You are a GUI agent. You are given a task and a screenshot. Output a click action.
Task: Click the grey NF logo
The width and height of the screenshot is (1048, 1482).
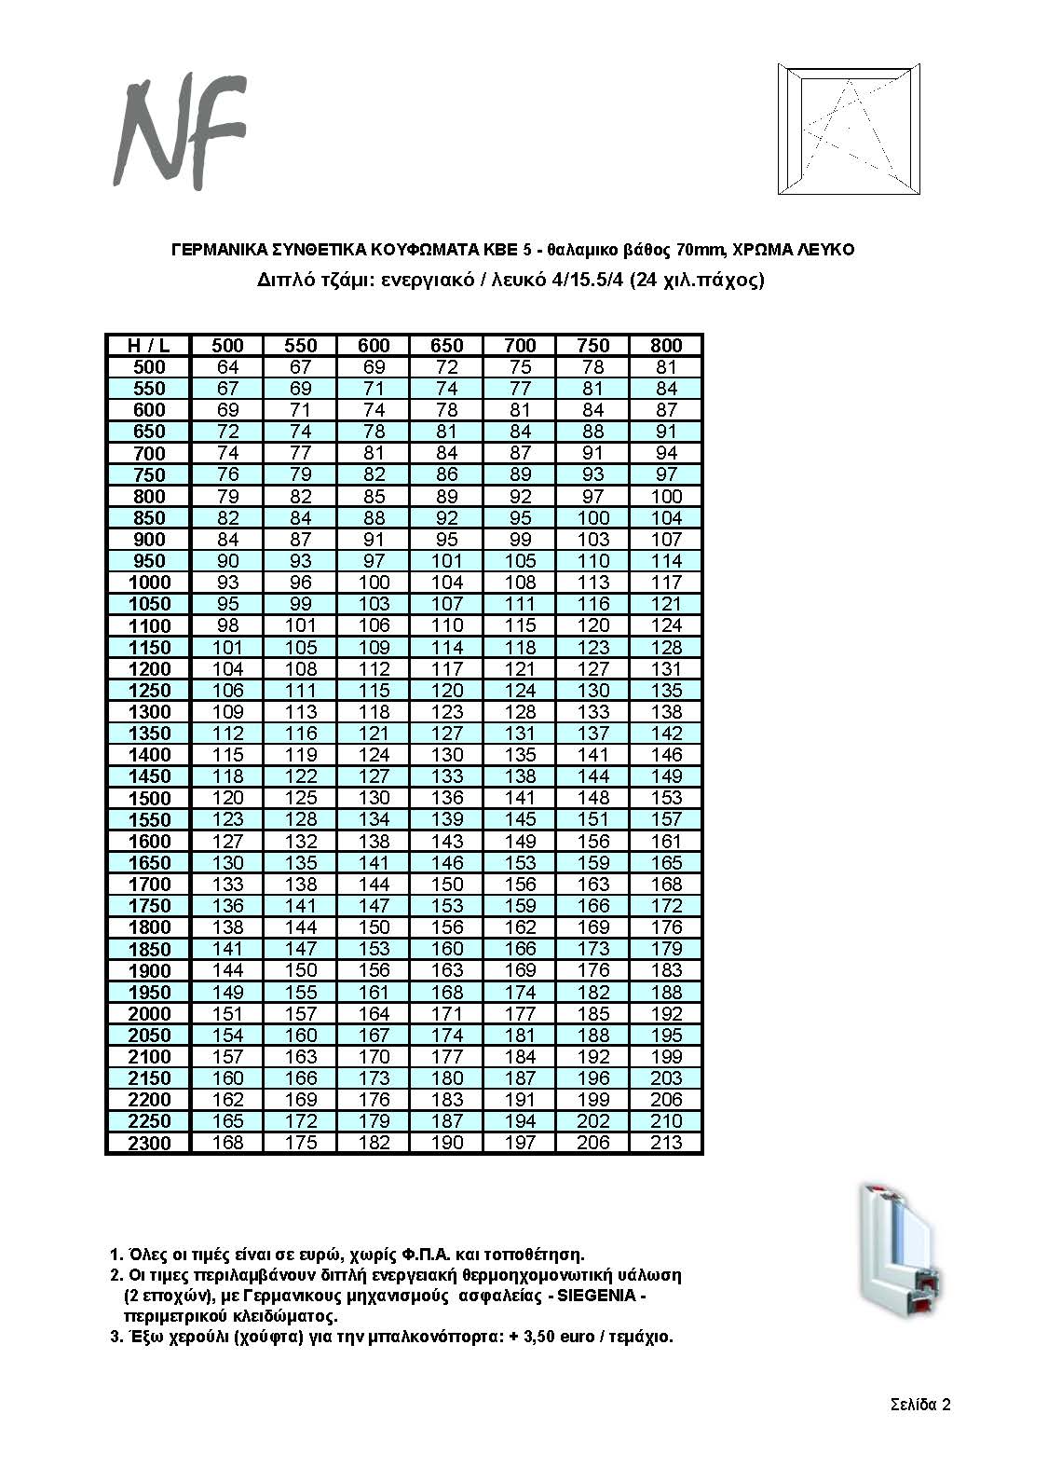pos(179,130)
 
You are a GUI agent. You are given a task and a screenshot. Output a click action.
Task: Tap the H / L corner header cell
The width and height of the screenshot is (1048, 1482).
pos(148,345)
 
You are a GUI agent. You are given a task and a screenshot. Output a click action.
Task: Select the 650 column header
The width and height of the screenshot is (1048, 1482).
pos(447,345)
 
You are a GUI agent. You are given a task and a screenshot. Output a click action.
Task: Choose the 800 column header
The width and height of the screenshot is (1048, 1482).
pos(666,345)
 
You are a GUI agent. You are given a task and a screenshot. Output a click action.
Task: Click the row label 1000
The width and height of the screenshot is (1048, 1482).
pos(149,583)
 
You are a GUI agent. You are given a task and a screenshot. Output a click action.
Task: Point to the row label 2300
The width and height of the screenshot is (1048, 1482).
pos(149,1143)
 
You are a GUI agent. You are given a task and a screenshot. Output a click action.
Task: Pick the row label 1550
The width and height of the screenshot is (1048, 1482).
pos(149,819)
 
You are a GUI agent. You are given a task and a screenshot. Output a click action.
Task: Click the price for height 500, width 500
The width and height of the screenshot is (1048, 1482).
pos(227,367)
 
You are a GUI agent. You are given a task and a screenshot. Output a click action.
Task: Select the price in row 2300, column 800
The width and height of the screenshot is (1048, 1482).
pos(666,1143)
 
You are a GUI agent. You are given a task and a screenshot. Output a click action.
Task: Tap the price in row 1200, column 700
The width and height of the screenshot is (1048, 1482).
pos(520,668)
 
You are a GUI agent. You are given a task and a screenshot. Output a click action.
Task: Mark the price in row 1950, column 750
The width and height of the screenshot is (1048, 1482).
pos(593,992)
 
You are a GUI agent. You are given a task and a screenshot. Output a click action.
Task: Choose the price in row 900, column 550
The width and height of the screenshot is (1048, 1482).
pos(301,540)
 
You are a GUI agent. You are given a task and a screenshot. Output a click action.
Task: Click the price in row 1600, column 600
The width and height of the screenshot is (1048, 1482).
pos(374,841)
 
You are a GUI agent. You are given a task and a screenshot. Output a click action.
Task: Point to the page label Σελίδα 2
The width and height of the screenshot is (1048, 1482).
pos(919,1405)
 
